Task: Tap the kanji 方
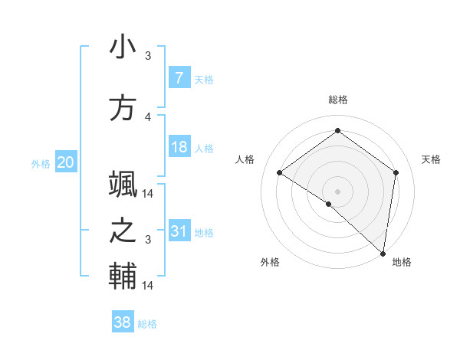(123, 107)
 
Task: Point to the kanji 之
(123, 230)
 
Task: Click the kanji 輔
(123, 276)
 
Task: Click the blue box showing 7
(179, 77)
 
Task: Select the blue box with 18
(179, 146)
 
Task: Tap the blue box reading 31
(179, 231)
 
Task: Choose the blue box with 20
(66, 162)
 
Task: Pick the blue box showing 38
(123, 322)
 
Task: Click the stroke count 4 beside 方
(149, 116)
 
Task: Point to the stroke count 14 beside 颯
(149, 194)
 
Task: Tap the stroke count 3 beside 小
(149, 55)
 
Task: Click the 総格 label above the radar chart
(337, 100)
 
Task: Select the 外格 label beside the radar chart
(270, 262)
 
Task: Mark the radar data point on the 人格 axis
(280, 173)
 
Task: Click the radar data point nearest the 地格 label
(383, 252)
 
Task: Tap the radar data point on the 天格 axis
(396, 172)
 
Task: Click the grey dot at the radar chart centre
(337, 191)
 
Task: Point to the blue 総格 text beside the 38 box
(147, 324)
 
